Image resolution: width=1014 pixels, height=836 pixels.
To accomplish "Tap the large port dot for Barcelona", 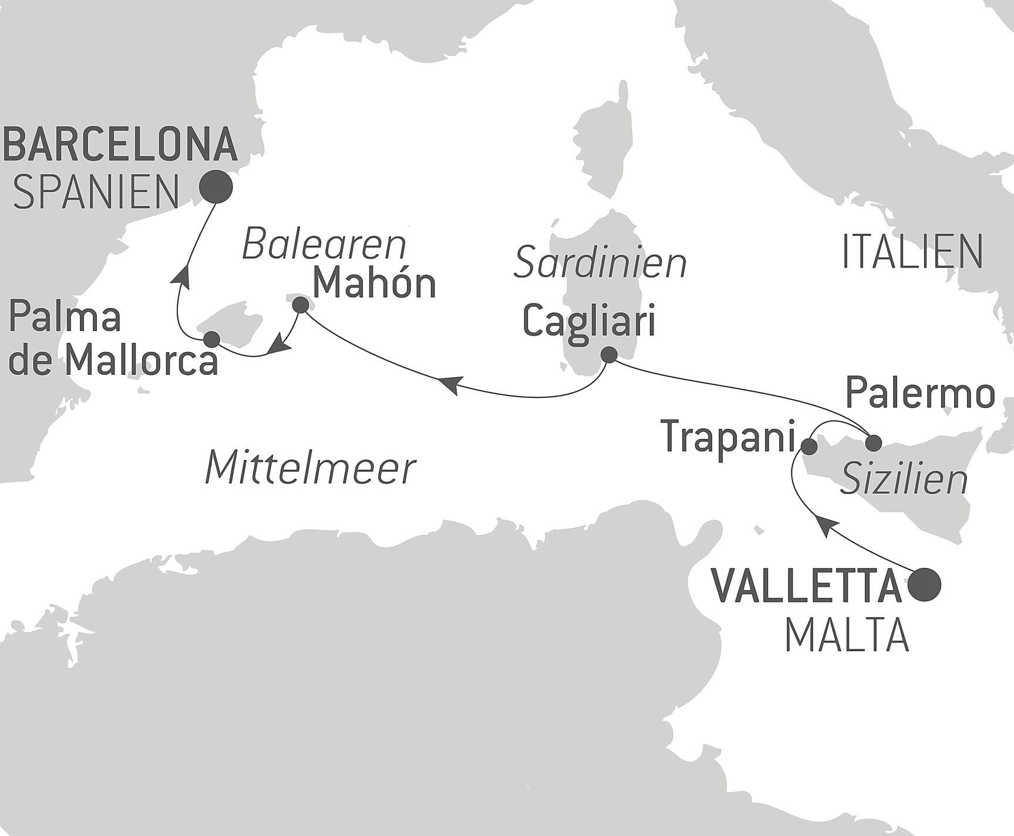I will [x=215, y=187].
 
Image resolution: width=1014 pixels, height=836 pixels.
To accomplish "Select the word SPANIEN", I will [x=96, y=193].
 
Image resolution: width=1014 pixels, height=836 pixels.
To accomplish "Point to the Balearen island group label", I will [x=324, y=245].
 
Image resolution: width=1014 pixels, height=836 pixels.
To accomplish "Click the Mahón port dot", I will [x=300, y=304].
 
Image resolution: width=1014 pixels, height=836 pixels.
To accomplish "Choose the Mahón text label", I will [x=374, y=284].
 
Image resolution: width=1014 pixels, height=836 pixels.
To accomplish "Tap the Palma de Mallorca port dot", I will [x=211, y=339].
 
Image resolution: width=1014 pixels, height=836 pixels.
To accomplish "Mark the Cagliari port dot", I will [x=609, y=354].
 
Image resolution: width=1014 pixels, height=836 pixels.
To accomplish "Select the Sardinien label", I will [x=600, y=263].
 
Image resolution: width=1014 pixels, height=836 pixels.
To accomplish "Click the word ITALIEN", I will [x=912, y=252].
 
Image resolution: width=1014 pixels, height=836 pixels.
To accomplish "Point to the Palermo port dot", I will [x=874, y=442].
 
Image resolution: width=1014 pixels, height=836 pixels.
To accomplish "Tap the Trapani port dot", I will [x=809, y=447].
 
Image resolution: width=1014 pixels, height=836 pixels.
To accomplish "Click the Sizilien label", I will [x=904, y=479].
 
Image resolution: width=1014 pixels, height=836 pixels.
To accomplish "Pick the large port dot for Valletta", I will [x=924, y=584].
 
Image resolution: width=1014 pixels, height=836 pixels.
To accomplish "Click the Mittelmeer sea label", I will [x=311, y=469].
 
